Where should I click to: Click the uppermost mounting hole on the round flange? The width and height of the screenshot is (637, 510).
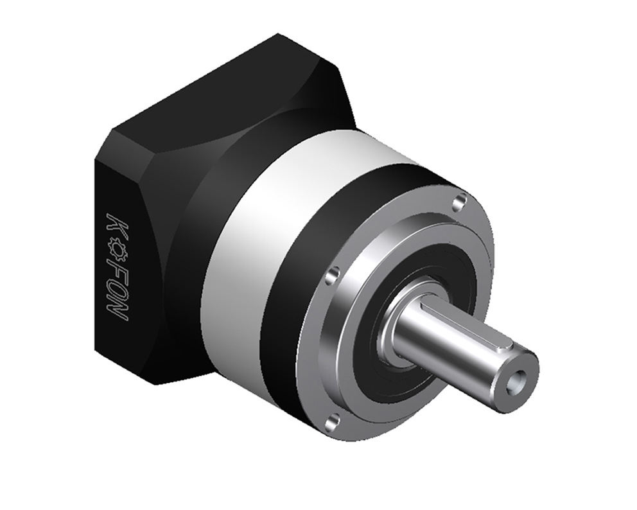tap(460, 201)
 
